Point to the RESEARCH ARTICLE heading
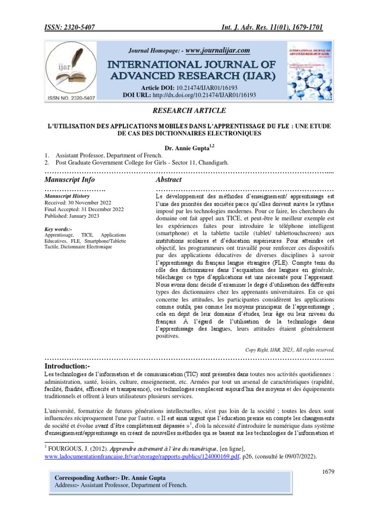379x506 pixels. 189,110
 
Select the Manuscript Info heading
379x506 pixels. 70,179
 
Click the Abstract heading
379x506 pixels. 169,179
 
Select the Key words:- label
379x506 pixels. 58,229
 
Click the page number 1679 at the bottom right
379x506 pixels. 328,471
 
